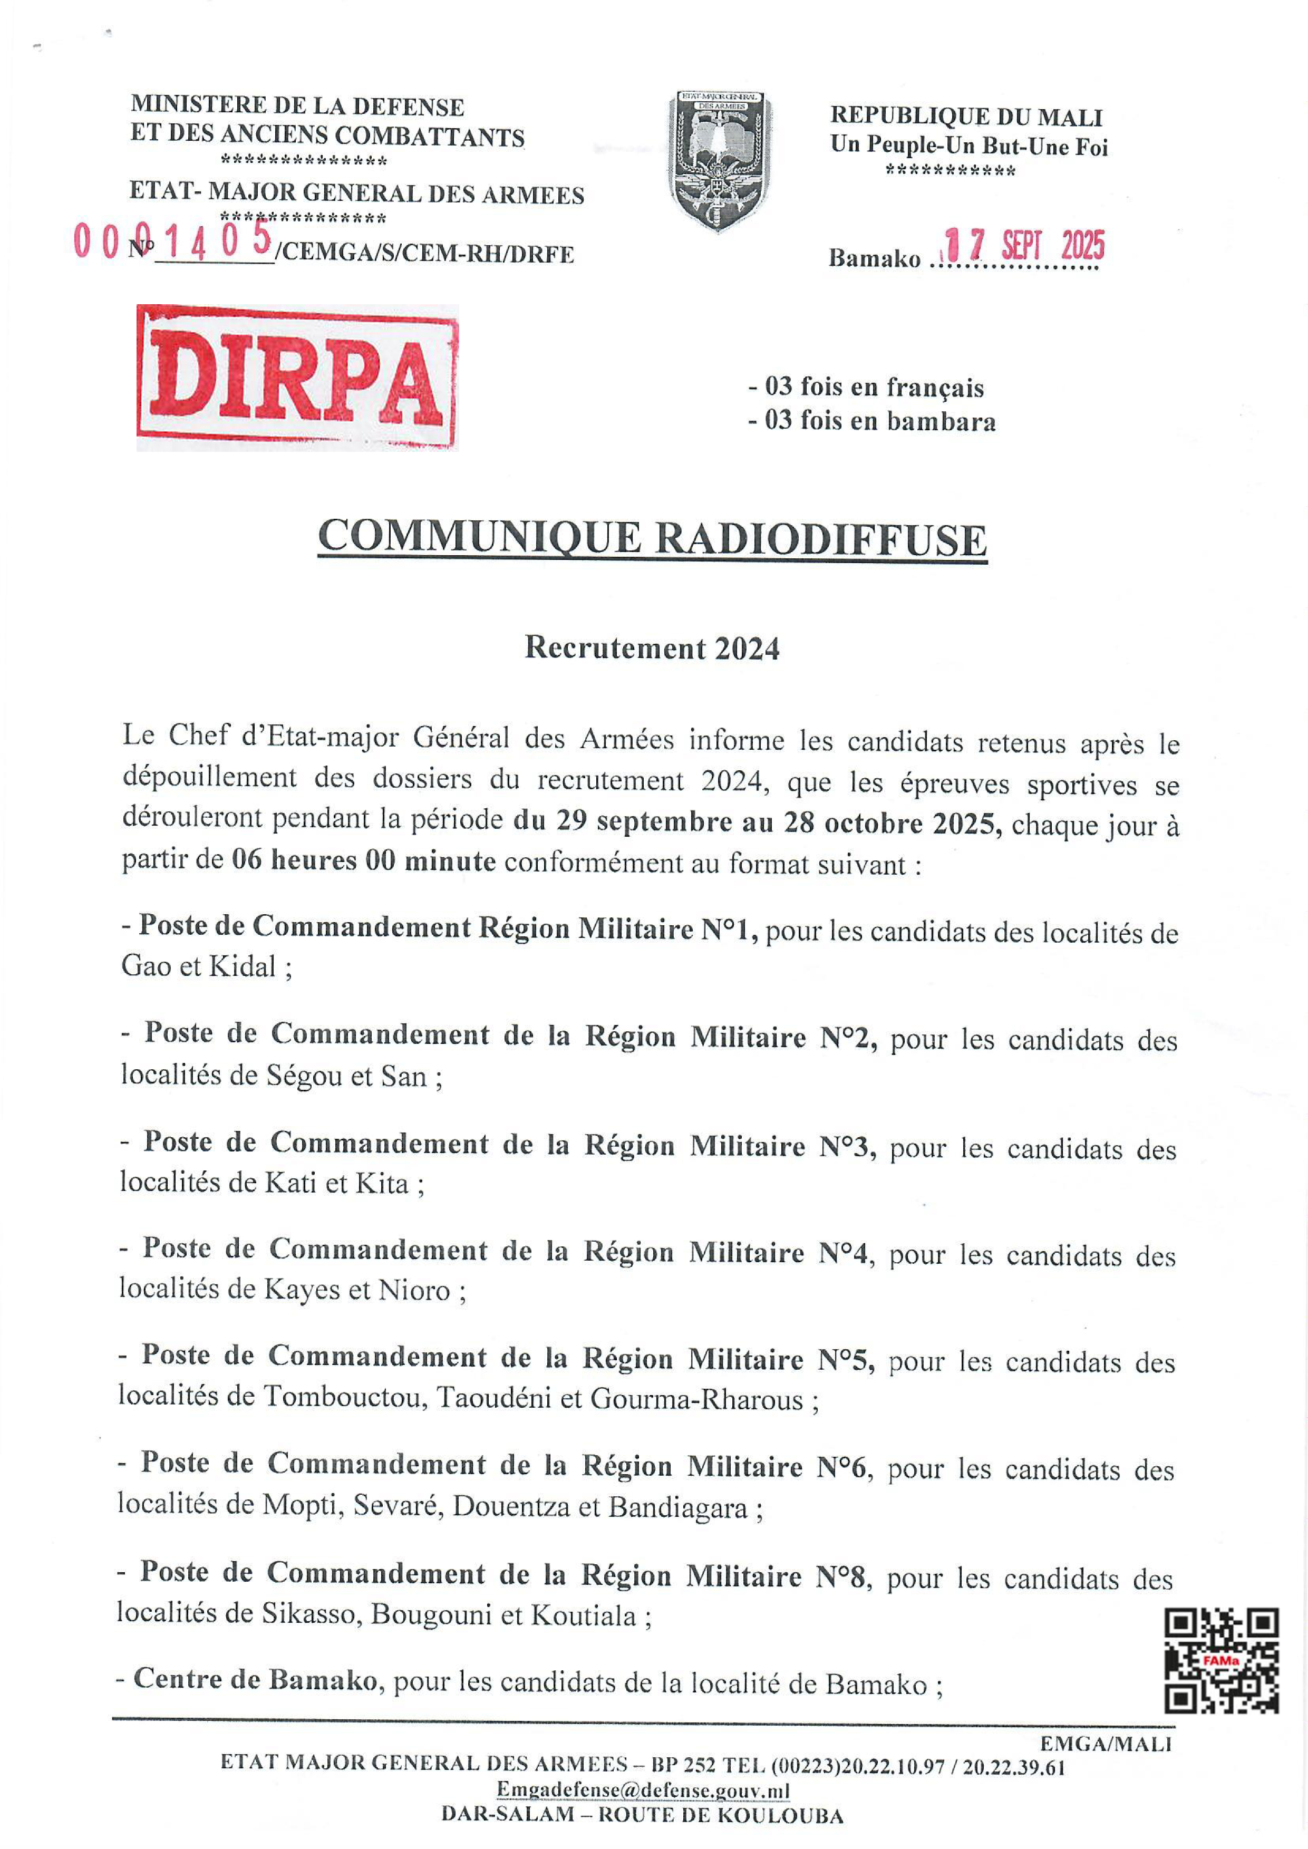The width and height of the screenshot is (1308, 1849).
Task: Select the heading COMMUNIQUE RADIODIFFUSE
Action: (652, 538)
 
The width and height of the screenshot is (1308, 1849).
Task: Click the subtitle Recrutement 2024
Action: (652, 648)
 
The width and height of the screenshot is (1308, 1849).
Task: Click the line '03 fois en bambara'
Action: (873, 421)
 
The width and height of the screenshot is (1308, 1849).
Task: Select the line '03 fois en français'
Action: (867, 388)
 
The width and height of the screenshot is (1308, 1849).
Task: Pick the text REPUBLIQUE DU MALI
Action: (966, 118)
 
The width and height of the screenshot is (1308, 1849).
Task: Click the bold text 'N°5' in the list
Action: (846, 1359)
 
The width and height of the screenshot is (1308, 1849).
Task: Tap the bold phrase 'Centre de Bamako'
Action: (255, 1679)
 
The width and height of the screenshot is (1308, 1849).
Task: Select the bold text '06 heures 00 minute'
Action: (364, 861)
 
